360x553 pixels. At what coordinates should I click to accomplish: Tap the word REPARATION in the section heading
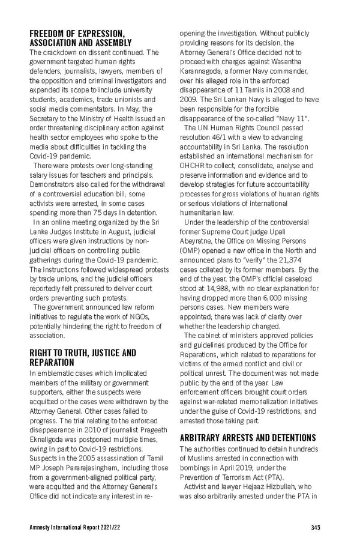coord(52,363)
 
